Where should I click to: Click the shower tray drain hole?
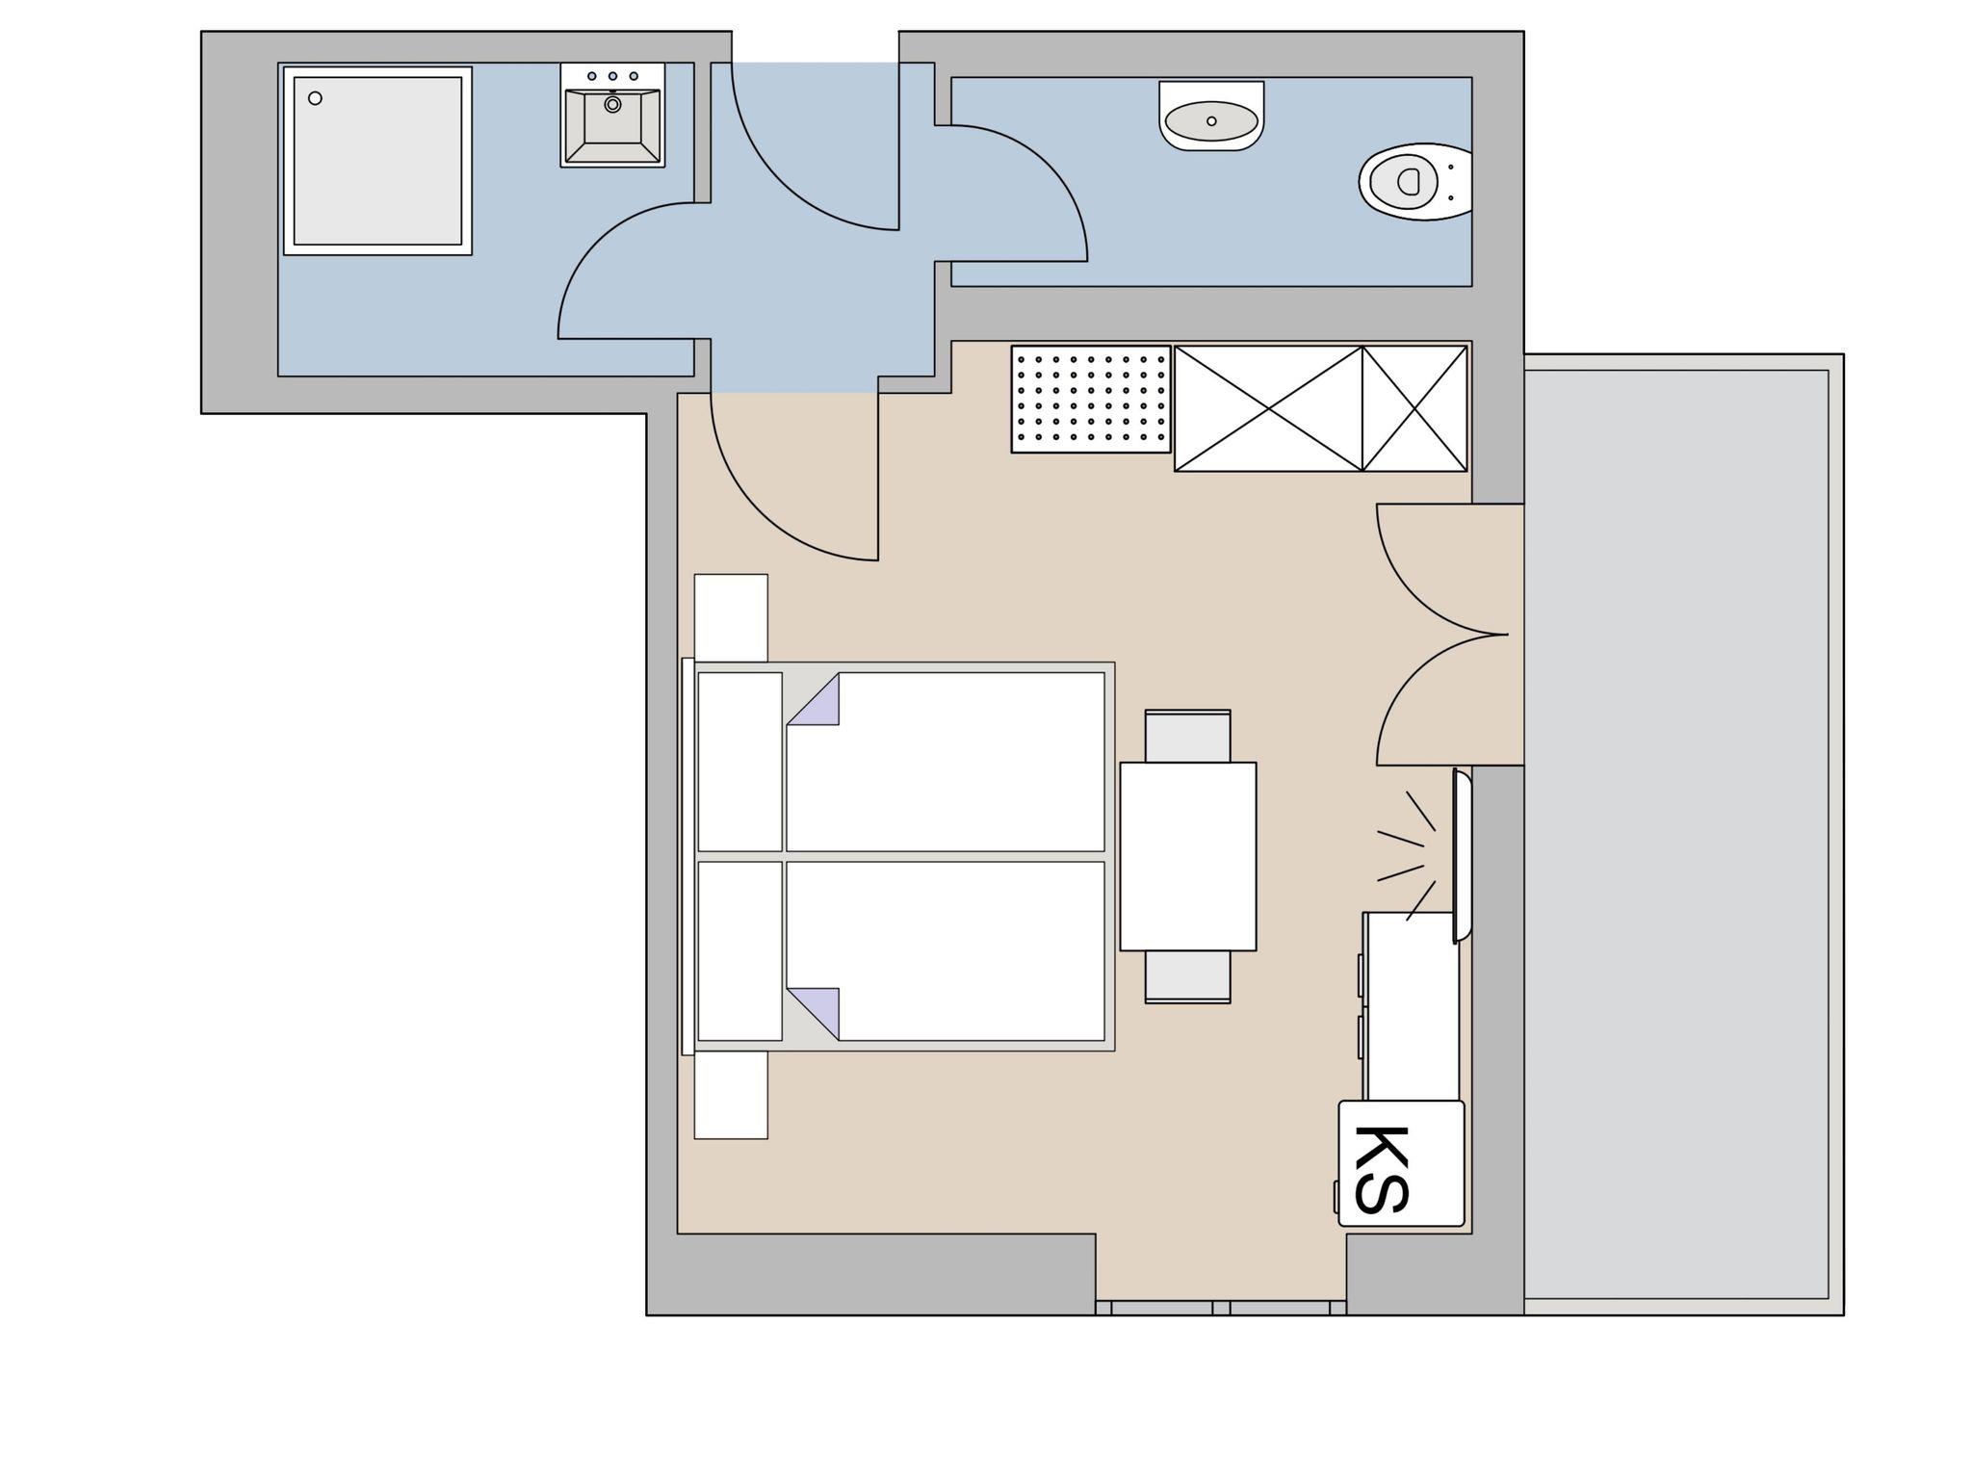tap(315, 98)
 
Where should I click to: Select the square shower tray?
tap(377, 161)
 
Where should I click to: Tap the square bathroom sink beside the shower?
tap(612, 116)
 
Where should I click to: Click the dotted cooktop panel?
tap(1091, 399)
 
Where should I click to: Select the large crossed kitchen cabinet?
tap(1268, 408)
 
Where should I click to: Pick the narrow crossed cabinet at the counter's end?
tap(1414, 408)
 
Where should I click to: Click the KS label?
tap(1382, 1169)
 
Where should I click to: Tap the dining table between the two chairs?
tap(1188, 856)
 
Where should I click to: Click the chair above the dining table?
tap(1188, 736)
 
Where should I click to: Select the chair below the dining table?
tap(1188, 977)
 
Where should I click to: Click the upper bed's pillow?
tap(739, 762)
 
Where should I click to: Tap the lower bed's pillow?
tap(739, 950)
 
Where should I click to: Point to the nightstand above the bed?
tap(731, 618)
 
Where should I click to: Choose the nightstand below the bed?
tap(731, 1095)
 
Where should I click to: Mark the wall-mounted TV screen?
tap(1462, 855)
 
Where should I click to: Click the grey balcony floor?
tap(1676, 834)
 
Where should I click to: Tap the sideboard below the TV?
tap(1411, 1006)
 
